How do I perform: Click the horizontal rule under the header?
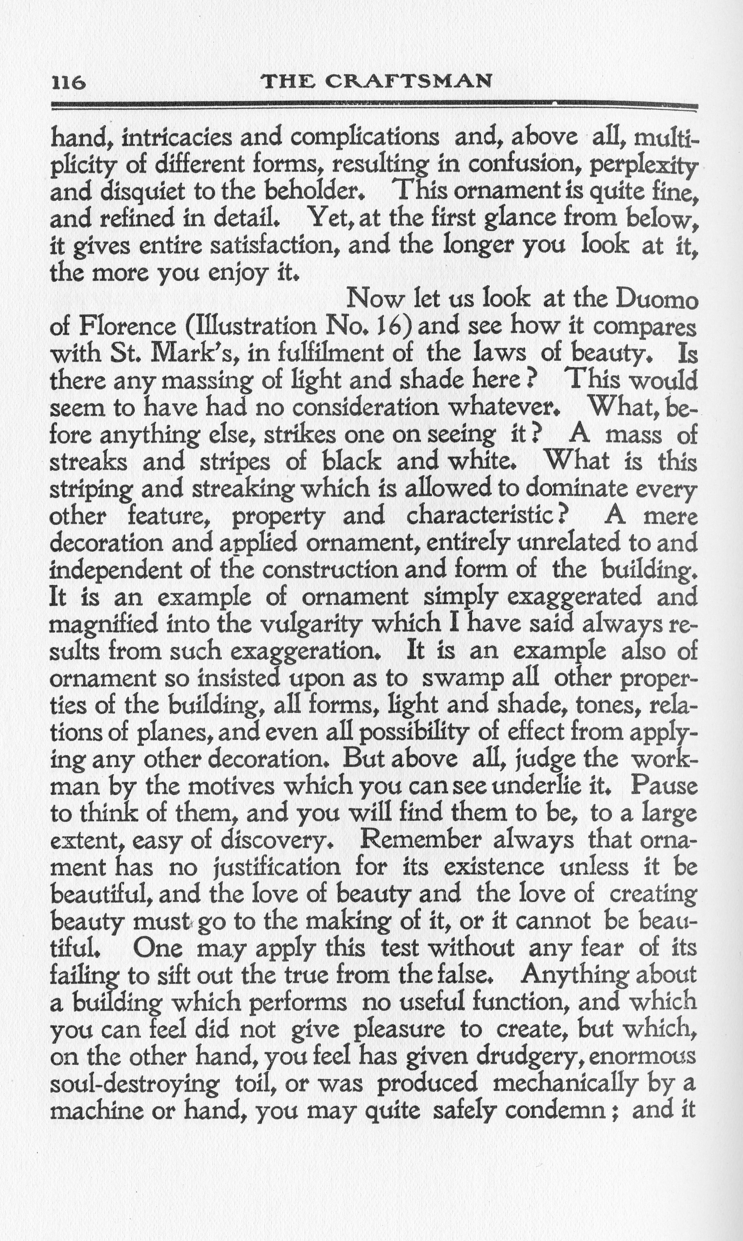click(x=375, y=105)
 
